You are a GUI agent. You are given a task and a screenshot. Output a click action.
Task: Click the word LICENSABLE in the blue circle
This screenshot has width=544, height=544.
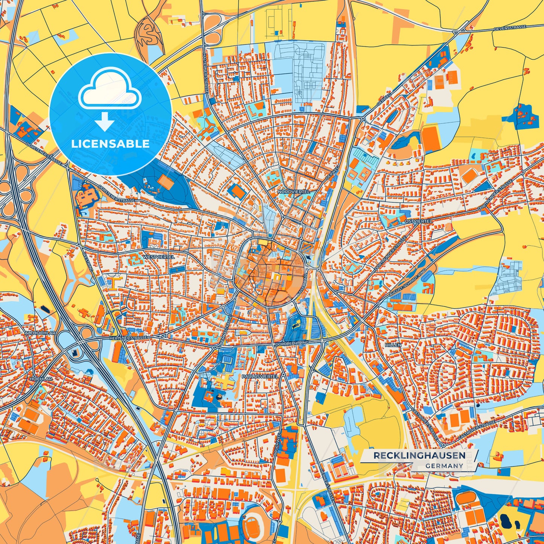(x=110, y=144)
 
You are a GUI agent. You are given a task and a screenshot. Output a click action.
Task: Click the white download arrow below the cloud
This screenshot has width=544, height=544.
(x=104, y=121)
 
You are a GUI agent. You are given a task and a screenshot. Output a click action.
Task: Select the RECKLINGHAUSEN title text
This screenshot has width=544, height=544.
(x=419, y=456)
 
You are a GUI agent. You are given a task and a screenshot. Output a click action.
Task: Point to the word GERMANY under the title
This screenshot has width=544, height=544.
(x=444, y=466)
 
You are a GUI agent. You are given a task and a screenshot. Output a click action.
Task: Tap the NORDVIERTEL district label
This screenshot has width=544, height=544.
(x=294, y=192)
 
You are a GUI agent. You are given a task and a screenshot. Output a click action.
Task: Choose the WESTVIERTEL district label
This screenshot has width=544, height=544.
(x=158, y=257)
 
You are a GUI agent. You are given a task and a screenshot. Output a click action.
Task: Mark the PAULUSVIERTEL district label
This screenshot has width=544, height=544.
(x=260, y=376)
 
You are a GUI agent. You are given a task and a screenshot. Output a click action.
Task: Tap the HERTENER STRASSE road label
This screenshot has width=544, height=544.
(x=128, y=338)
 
